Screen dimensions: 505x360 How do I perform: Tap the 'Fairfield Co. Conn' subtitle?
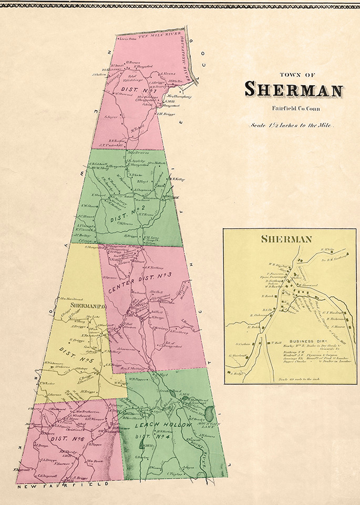point(290,109)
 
